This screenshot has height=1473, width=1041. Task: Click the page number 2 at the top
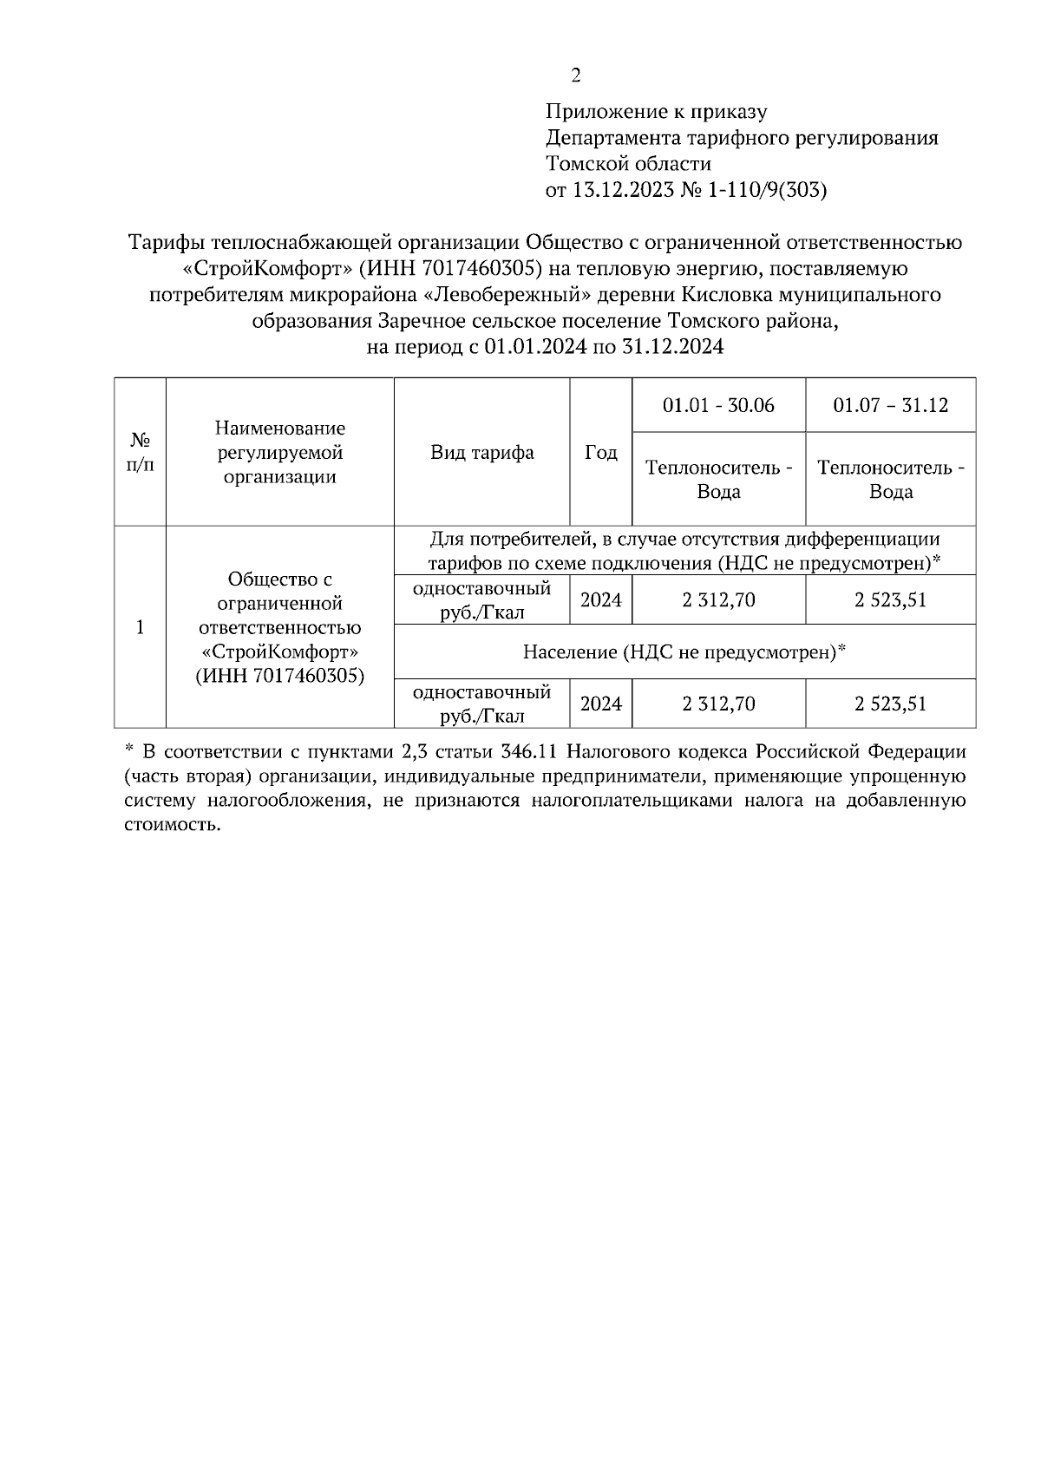click(575, 76)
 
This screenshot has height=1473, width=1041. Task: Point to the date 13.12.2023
click(622, 190)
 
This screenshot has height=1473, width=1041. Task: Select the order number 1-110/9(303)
click(768, 190)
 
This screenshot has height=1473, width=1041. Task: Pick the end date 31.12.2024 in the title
click(671, 348)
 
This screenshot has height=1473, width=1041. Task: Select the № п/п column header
click(140, 452)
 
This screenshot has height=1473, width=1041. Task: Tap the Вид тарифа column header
click(482, 452)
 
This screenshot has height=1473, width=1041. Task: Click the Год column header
click(600, 452)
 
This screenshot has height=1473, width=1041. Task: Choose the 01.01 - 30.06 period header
click(718, 405)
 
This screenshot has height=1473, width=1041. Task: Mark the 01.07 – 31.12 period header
click(890, 405)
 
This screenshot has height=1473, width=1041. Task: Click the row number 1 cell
click(140, 627)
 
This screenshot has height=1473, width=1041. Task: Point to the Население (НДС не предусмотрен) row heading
click(684, 651)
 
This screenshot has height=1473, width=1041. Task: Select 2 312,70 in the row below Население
click(718, 704)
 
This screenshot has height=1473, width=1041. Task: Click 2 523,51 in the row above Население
click(890, 599)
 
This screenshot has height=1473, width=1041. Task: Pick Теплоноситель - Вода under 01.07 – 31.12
click(890, 480)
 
